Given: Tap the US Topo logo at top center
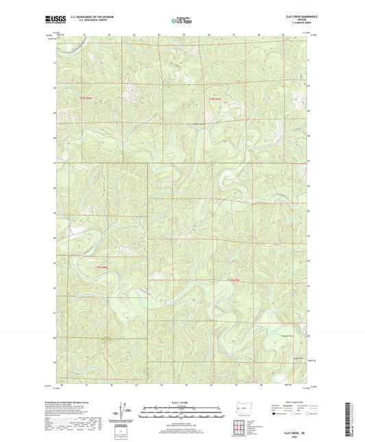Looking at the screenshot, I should (x=182, y=21).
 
